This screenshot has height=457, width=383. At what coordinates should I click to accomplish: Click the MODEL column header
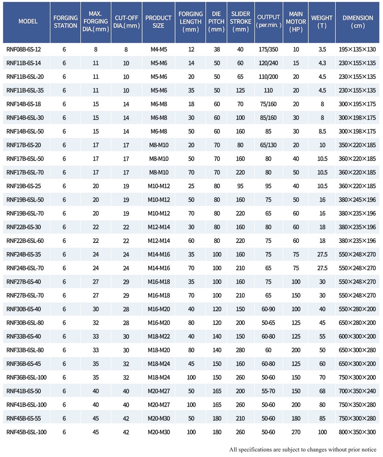point(28,22)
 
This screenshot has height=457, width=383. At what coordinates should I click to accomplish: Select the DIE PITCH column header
point(216,22)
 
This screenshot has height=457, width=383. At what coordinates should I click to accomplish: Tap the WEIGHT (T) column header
point(322,22)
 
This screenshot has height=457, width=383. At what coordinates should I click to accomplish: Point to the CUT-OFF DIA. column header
point(126,22)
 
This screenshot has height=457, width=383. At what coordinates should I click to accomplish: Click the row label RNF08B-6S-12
point(24,49)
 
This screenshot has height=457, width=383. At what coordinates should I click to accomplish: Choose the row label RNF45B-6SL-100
point(27,432)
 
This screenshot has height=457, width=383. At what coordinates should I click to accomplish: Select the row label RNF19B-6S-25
point(24,186)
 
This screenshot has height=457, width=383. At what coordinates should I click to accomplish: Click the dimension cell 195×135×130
point(357,49)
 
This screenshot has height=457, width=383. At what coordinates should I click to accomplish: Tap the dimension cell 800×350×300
point(357,432)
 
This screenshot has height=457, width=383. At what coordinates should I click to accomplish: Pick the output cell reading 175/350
point(268,49)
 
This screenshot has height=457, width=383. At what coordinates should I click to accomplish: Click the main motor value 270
point(296,432)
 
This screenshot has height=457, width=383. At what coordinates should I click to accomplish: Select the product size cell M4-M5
point(159,49)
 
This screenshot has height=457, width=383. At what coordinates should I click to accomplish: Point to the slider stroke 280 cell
point(240,350)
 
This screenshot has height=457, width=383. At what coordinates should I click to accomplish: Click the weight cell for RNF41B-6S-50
point(322,391)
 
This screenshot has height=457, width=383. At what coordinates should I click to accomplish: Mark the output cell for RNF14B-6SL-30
point(268,118)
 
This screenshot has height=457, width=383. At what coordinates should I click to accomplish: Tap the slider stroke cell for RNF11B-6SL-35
point(240,90)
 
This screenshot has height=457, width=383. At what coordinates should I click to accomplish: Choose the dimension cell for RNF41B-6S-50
point(357,391)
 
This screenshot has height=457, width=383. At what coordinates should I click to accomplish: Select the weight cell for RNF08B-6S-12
point(322,49)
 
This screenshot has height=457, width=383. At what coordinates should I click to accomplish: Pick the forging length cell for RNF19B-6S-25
point(191,186)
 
